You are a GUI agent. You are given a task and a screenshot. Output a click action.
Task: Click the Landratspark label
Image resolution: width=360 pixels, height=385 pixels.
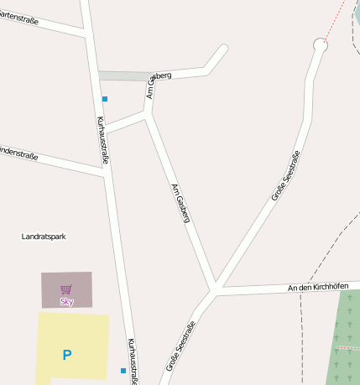[x=44, y=237]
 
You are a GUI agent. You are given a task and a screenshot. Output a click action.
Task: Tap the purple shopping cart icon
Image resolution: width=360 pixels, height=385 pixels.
[x=66, y=290]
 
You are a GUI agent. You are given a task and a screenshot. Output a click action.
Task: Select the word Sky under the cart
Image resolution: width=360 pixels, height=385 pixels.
[x=67, y=301]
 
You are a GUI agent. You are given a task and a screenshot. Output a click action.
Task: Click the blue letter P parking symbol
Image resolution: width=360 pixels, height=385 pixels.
[x=67, y=355]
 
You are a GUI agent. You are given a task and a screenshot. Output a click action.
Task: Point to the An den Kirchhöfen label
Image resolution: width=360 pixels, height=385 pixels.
[x=317, y=287]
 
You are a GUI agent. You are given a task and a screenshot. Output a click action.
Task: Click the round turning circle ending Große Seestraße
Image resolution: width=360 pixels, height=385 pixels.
[x=320, y=44]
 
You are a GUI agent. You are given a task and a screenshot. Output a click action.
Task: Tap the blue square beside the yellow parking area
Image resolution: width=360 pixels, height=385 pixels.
[x=123, y=370]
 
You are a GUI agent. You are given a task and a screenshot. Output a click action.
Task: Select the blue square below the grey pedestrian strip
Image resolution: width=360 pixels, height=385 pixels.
[x=105, y=99]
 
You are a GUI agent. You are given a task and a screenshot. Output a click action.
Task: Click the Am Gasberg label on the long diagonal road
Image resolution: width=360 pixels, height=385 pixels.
[x=181, y=202]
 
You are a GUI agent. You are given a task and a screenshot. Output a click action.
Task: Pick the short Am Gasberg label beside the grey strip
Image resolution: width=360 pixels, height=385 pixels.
[x=159, y=85]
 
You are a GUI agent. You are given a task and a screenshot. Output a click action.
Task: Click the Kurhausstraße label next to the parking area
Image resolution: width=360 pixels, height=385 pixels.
[x=133, y=361]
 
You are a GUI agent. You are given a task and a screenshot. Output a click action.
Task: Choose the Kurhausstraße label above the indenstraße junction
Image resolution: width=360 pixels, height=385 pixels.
[x=104, y=139]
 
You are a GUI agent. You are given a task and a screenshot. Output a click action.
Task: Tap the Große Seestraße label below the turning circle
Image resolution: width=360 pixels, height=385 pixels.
[x=286, y=175]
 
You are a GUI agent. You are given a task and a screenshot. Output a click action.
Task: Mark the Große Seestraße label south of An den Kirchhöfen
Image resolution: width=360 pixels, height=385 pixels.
[x=180, y=346]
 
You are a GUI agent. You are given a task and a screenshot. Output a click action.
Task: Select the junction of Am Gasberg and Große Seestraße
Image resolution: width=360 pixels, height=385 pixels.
[x=216, y=288]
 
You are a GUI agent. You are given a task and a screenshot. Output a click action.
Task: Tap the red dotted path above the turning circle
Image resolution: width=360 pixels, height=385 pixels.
[x=335, y=20]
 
